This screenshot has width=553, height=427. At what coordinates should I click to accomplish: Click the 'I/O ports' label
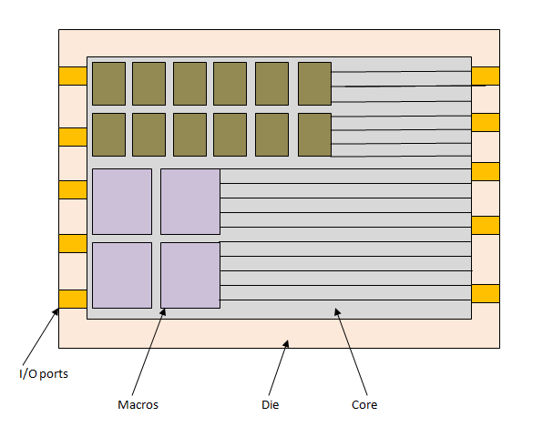click(43, 373)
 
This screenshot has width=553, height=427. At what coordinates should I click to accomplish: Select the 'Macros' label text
click(138, 404)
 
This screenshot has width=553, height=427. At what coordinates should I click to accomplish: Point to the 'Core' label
click(364, 404)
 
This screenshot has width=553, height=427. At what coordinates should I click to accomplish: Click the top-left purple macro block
click(122, 201)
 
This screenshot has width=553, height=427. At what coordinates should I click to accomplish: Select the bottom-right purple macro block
click(190, 275)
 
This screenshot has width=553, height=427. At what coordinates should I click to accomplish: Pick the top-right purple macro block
click(190, 201)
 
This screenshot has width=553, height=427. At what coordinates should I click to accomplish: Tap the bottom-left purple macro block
click(122, 275)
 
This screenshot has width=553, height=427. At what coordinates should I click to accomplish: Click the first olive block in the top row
click(108, 84)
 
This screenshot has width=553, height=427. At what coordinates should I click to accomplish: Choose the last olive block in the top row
click(314, 84)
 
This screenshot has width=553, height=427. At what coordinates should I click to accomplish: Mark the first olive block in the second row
click(108, 135)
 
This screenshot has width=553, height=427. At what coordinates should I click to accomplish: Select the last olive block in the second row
click(314, 135)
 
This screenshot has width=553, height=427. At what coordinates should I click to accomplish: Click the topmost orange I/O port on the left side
click(72, 76)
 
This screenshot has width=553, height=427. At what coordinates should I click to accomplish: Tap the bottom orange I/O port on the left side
click(72, 299)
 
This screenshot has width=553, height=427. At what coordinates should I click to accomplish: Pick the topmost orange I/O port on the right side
click(486, 76)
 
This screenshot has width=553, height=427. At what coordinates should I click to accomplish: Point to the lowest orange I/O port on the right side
click(486, 293)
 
